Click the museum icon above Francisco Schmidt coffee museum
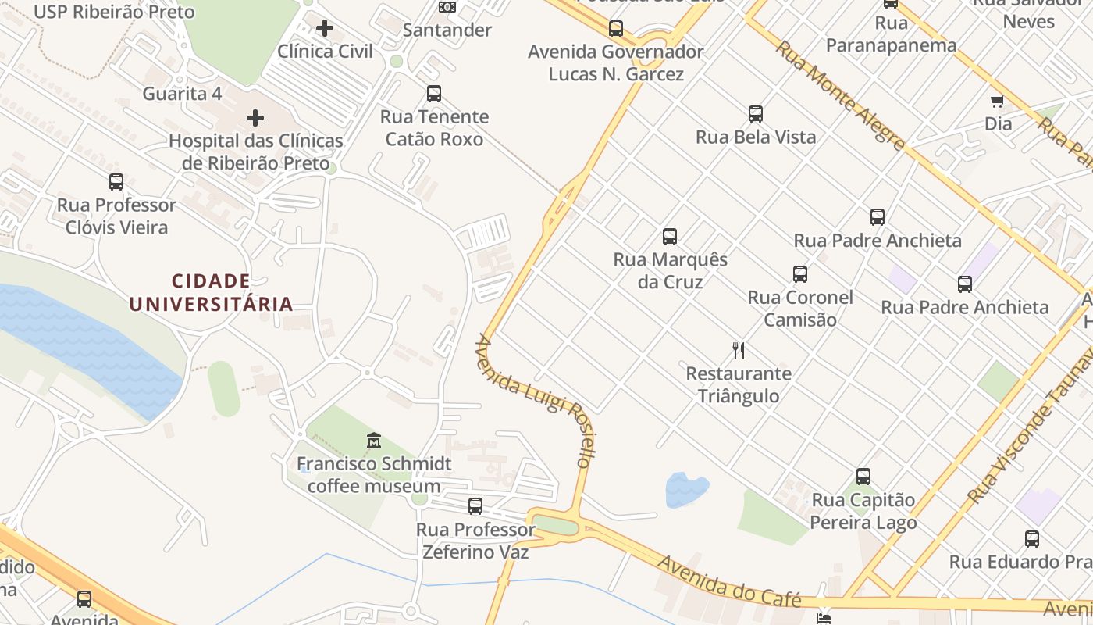pos(374,441)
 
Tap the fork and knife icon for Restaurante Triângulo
pos(739,350)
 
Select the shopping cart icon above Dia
pos(997,101)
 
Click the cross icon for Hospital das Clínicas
pos(255,118)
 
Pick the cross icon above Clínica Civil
pos(325,29)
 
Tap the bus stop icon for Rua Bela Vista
pos(755,113)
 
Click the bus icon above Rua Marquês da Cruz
pos(669,236)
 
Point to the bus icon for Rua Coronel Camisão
pos(799,274)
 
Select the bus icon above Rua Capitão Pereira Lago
pos(863,476)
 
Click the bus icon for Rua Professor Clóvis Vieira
pos(116,182)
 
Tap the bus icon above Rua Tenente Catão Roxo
pos(434,94)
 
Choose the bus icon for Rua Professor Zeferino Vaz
pos(475,505)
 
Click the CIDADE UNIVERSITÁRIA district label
pos(211,292)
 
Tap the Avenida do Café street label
pos(729,582)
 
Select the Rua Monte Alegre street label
pos(840,95)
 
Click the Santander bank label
pos(447,30)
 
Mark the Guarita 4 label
pos(182,94)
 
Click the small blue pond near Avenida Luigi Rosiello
pos(685,489)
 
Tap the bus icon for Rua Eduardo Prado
pos(1032,538)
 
